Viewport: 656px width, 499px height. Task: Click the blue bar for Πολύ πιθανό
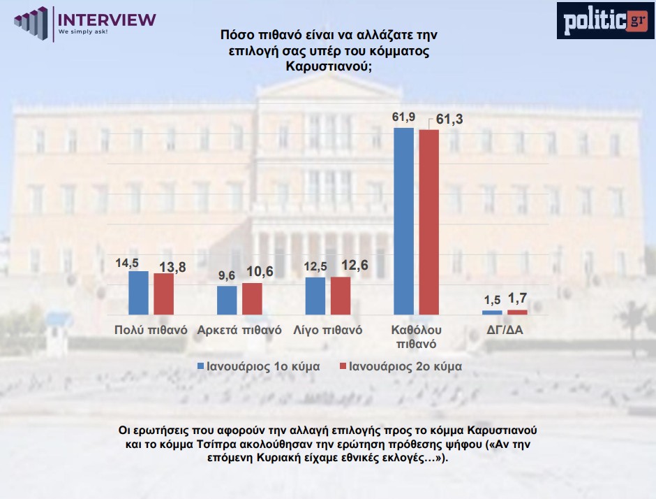point(138,293)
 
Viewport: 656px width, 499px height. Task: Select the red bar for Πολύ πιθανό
point(163,294)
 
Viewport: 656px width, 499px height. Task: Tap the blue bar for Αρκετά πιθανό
point(227,301)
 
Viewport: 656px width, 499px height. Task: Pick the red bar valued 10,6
point(252,298)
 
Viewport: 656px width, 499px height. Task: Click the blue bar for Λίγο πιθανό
point(315,296)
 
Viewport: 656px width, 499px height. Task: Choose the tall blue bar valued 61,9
point(404,222)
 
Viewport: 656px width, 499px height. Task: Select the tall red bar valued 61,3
point(428,222)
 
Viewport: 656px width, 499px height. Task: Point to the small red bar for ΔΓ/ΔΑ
point(517,312)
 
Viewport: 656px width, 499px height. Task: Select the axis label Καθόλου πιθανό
point(417,336)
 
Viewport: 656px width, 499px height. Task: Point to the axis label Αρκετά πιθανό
point(239,330)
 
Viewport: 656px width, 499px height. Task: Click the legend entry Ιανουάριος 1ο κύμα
point(258,366)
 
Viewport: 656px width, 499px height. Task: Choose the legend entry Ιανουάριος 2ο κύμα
point(399,366)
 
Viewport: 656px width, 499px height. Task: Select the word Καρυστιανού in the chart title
point(328,67)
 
